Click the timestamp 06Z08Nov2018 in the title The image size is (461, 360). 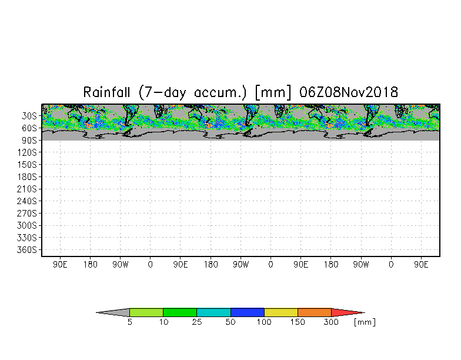(349, 92)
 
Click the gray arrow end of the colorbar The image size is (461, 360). (115, 312)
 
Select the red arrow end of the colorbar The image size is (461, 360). (347, 312)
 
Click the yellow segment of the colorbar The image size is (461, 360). (280, 312)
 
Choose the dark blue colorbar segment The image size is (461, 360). (247, 312)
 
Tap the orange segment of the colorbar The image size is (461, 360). (314, 312)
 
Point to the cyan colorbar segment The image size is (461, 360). (213, 312)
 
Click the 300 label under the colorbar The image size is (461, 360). (331, 322)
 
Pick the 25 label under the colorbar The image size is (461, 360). (196, 322)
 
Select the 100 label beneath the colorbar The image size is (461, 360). (264, 322)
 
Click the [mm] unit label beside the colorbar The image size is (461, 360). (365, 322)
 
